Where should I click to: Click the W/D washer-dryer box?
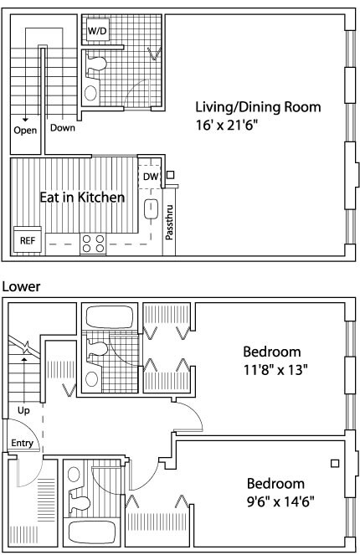[97, 31]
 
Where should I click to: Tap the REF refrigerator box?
[28, 241]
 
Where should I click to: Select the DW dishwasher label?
[151, 177]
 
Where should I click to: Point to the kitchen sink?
[152, 209]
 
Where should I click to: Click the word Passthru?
[170, 222]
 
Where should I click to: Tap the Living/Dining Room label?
[259, 107]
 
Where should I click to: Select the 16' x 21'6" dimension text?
[225, 125]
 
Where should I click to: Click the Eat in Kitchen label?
[82, 198]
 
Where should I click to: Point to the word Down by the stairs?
[63, 127]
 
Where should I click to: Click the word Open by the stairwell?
[25, 131]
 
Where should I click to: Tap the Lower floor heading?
[21, 286]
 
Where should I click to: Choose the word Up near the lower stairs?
[23, 410]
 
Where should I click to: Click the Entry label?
[22, 443]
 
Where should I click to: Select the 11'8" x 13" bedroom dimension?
[275, 370]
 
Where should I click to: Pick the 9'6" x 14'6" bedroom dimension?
[280, 501]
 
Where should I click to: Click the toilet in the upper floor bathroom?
[95, 64]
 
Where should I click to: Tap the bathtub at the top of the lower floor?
[110, 316]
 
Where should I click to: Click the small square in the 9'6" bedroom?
[335, 463]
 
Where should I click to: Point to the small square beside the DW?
[171, 174]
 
